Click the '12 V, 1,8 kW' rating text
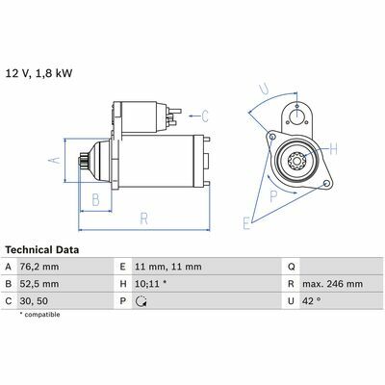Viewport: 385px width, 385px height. click(39, 73)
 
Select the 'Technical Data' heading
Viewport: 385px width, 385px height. click(42, 250)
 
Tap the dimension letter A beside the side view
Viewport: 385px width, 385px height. click(55, 160)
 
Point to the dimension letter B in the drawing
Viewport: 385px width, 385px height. click(95, 199)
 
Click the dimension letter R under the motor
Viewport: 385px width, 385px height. click(144, 218)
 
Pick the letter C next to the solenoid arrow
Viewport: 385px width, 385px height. click(205, 115)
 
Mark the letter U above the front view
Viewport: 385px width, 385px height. click(265, 89)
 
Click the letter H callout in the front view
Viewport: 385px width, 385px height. click(333, 149)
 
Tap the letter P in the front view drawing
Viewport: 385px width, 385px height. click(273, 196)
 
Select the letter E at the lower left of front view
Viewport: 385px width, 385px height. click(246, 223)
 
